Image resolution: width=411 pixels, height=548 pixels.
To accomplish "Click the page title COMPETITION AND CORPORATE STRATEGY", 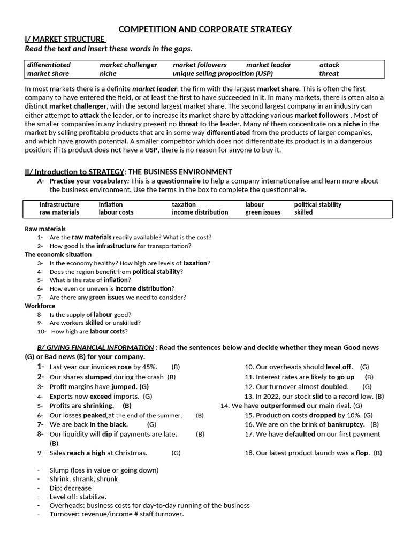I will tap(205, 29).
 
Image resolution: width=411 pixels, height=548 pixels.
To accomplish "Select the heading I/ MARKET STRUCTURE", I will tap(64, 39).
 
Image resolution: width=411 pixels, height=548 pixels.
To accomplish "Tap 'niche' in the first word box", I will tap(108, 73).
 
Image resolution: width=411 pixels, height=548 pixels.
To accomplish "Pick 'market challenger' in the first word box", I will tap(128, 65).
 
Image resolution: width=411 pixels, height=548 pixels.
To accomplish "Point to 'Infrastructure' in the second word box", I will tap(59, 204).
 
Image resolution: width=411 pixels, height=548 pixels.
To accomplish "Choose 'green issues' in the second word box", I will tap(262, 212).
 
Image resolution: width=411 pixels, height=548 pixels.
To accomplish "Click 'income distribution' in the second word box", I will tap(200, 212).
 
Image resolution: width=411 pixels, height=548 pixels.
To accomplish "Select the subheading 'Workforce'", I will tap(40, 306).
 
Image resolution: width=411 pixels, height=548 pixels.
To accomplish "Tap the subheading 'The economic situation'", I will tap(58, 254).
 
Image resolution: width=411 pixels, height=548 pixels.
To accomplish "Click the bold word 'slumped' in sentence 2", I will tap(98, 377).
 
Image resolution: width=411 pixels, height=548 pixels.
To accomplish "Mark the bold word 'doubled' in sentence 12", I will tap(334, 386).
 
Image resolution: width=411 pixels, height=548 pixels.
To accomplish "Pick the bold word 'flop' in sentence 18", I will tap(362, 453).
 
